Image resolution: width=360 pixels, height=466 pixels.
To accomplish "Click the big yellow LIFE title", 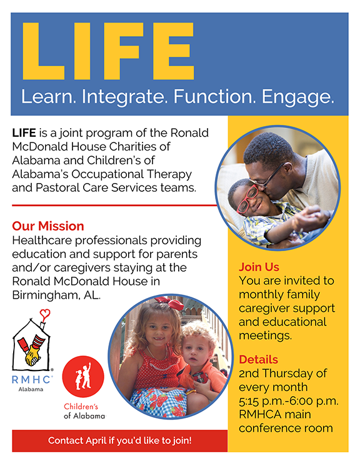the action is (108, 51).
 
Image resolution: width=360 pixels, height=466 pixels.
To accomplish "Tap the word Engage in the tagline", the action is (297, 97).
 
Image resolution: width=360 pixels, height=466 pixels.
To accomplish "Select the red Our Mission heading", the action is (48, 226).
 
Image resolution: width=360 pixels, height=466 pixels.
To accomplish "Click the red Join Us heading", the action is (259, 267).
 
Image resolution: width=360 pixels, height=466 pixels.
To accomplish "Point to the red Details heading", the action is (258, 360).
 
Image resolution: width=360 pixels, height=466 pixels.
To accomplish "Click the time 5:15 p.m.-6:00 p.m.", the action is (289, 401).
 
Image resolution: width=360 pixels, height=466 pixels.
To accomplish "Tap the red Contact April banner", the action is (120, 440).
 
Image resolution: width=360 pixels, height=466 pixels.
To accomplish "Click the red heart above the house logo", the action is (45, 314).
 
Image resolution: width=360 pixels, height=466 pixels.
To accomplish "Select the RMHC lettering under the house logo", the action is (32, 380).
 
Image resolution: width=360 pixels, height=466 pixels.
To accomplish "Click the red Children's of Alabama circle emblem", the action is (83, 377).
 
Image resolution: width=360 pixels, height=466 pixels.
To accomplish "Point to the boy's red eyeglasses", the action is (247, 199).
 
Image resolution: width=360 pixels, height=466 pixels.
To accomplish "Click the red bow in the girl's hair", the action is (171, 302).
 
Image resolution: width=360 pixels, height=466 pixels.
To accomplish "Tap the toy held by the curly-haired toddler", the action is (201, 378).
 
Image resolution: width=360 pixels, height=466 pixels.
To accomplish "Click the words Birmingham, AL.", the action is (56, 295).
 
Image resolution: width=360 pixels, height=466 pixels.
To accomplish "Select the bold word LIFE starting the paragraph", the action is (24, 133).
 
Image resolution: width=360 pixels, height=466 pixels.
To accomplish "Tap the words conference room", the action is (286, 429).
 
